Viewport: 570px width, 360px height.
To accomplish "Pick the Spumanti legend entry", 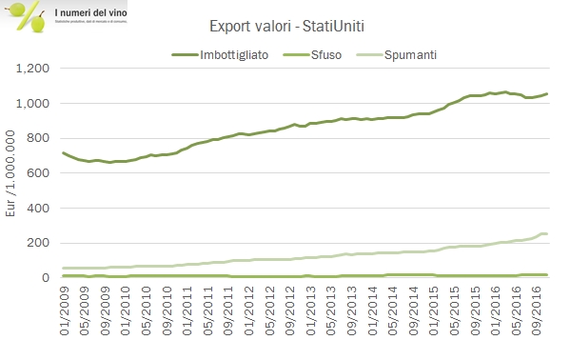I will (x=399, y=54).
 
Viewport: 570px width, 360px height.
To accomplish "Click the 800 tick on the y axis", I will (x=39, y=138).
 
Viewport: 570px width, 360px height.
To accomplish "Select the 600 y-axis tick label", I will (x=39, y=173).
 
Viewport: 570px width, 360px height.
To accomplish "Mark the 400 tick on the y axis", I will (x=39, y=208).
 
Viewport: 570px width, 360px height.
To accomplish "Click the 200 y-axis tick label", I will (x=39, y=243).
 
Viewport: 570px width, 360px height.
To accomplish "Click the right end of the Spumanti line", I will (x=546, y=233).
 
